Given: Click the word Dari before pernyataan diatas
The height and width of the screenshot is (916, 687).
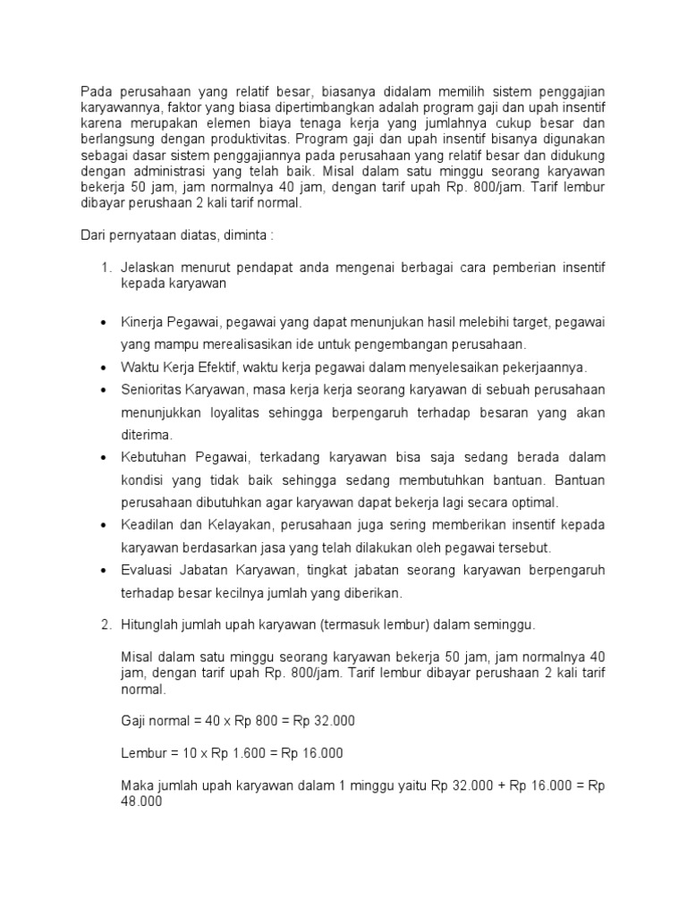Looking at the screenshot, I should tap(95, 235).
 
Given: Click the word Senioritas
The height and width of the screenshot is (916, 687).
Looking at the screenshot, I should tap(152, 390).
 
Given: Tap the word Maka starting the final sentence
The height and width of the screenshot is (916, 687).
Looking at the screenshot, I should tap(136, 786).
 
